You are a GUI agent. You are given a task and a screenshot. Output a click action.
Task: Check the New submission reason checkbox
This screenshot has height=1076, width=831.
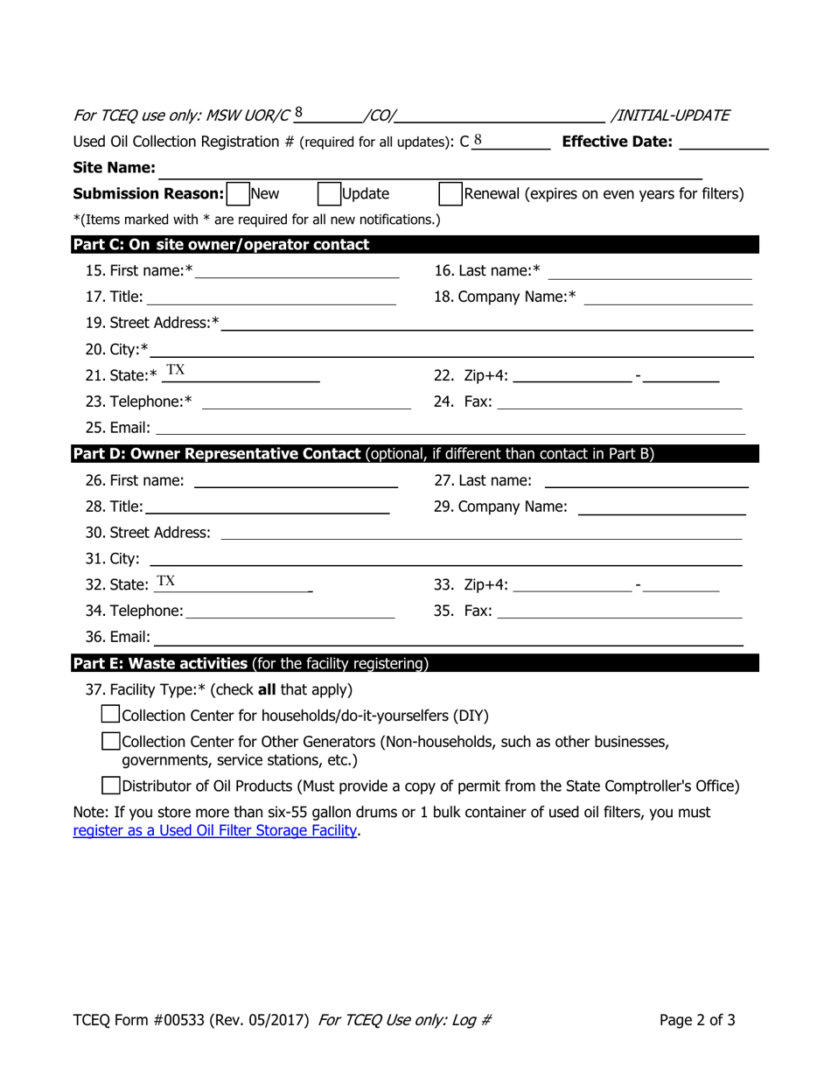[237, 193]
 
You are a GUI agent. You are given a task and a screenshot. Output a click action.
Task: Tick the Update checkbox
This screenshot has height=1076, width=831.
[328, 193]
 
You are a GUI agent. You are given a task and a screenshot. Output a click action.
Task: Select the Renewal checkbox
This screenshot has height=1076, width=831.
[450, 193]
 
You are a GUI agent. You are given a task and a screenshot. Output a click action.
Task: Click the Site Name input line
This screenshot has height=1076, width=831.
[429, 168]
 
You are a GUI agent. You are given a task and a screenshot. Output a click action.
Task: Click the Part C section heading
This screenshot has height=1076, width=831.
[221, 245]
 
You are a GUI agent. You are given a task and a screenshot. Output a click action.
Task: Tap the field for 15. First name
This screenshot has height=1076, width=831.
[297, 271]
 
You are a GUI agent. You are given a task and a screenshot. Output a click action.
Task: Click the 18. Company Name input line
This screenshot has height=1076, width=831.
[667, 297]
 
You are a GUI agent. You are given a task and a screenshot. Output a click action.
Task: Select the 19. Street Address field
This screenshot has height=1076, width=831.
[486, 324]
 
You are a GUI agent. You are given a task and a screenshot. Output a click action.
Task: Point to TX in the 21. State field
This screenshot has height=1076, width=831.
[176, 370]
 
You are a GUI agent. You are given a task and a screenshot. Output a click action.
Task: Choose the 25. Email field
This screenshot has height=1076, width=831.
[450, 428]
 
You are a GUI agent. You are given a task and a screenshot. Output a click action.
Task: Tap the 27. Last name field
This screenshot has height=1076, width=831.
[646, 480]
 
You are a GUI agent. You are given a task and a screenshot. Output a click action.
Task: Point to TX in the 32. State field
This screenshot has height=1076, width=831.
[166, 582]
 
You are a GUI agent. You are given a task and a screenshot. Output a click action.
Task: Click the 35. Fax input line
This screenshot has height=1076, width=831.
[619, 611]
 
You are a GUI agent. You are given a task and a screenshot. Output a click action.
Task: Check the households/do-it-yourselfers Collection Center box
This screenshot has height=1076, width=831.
[111, 715]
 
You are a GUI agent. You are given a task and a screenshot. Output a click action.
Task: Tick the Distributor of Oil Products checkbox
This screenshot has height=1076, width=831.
[111, 786]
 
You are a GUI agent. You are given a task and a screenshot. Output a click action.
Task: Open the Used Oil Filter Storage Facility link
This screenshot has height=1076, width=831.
[215, 830]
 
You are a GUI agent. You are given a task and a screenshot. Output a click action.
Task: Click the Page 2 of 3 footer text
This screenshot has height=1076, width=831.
[697, 1019]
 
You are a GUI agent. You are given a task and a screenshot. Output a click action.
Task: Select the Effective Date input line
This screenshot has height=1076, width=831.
[723, 143]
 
